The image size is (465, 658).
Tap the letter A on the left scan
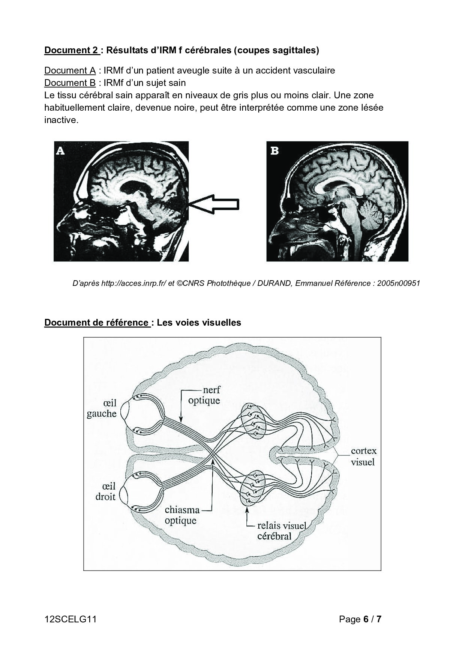click(60, 151)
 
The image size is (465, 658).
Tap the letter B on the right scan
click(274, 151)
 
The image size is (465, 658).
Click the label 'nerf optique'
click(204, 395)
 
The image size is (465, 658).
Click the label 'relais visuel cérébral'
click(276, 530)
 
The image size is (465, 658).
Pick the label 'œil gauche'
click(102, 408)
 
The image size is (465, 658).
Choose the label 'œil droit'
click(105, 491)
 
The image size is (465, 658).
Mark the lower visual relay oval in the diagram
click(253, 488)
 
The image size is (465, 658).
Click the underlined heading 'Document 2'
click(71, 50)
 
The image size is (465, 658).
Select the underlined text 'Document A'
click(70, 70)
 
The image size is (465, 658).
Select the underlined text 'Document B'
click(70, 82)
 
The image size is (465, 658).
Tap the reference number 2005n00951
click(398, 283)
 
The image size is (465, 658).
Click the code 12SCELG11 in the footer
click(70, 619)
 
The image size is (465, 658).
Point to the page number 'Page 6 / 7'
click(360, 619)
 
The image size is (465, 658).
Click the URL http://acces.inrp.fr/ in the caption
click(133, 283)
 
